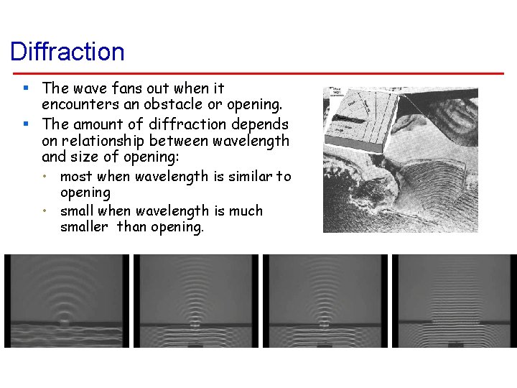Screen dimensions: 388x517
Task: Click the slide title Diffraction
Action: [x=67, y=52]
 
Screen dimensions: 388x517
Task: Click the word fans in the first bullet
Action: [x=120, y=88]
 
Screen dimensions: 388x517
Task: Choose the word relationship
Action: [x=105, y=141]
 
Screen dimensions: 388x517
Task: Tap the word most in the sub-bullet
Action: [x=77, y=176]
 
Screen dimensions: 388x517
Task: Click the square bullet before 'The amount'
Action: [x=25, y=124]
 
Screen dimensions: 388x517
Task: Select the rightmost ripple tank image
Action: [x=453, y=301]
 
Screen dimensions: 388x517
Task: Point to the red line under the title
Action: [x=258, y=73]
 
